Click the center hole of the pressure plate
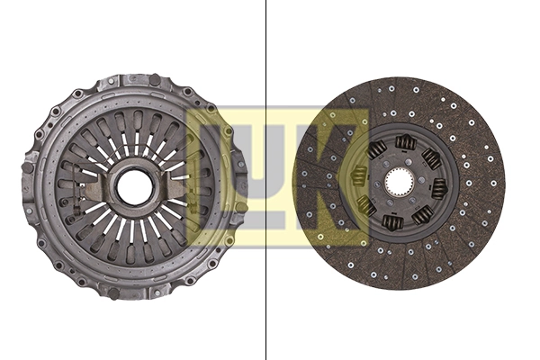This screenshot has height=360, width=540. click(x=135, y=187)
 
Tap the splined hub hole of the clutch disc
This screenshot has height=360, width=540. click(x=399, y=183)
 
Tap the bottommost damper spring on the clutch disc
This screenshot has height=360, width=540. click(x=392, y=222)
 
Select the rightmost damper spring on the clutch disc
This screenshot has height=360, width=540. click(x=439, y=188)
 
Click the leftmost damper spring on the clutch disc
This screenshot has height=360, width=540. click(x=360, y=176)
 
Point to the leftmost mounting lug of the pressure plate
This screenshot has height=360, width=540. click(x=29, y=166)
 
